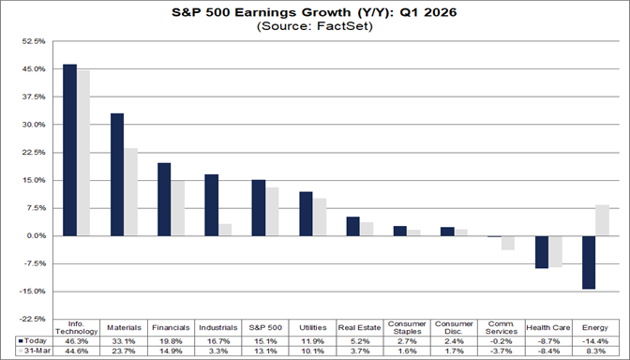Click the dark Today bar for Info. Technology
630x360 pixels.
(x=69, y=150)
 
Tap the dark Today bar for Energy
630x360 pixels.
(x=589, y=262)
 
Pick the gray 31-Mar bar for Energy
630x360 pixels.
(x=602, y=220)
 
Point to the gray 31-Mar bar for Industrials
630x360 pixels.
(x=225, y=230)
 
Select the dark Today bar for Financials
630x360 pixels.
(x=164, y=200)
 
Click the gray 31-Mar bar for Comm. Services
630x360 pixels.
(x=508, y=243)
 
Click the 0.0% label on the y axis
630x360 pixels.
(x=35, y=235)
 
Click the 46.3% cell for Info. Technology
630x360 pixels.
(x=77, y=340)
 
